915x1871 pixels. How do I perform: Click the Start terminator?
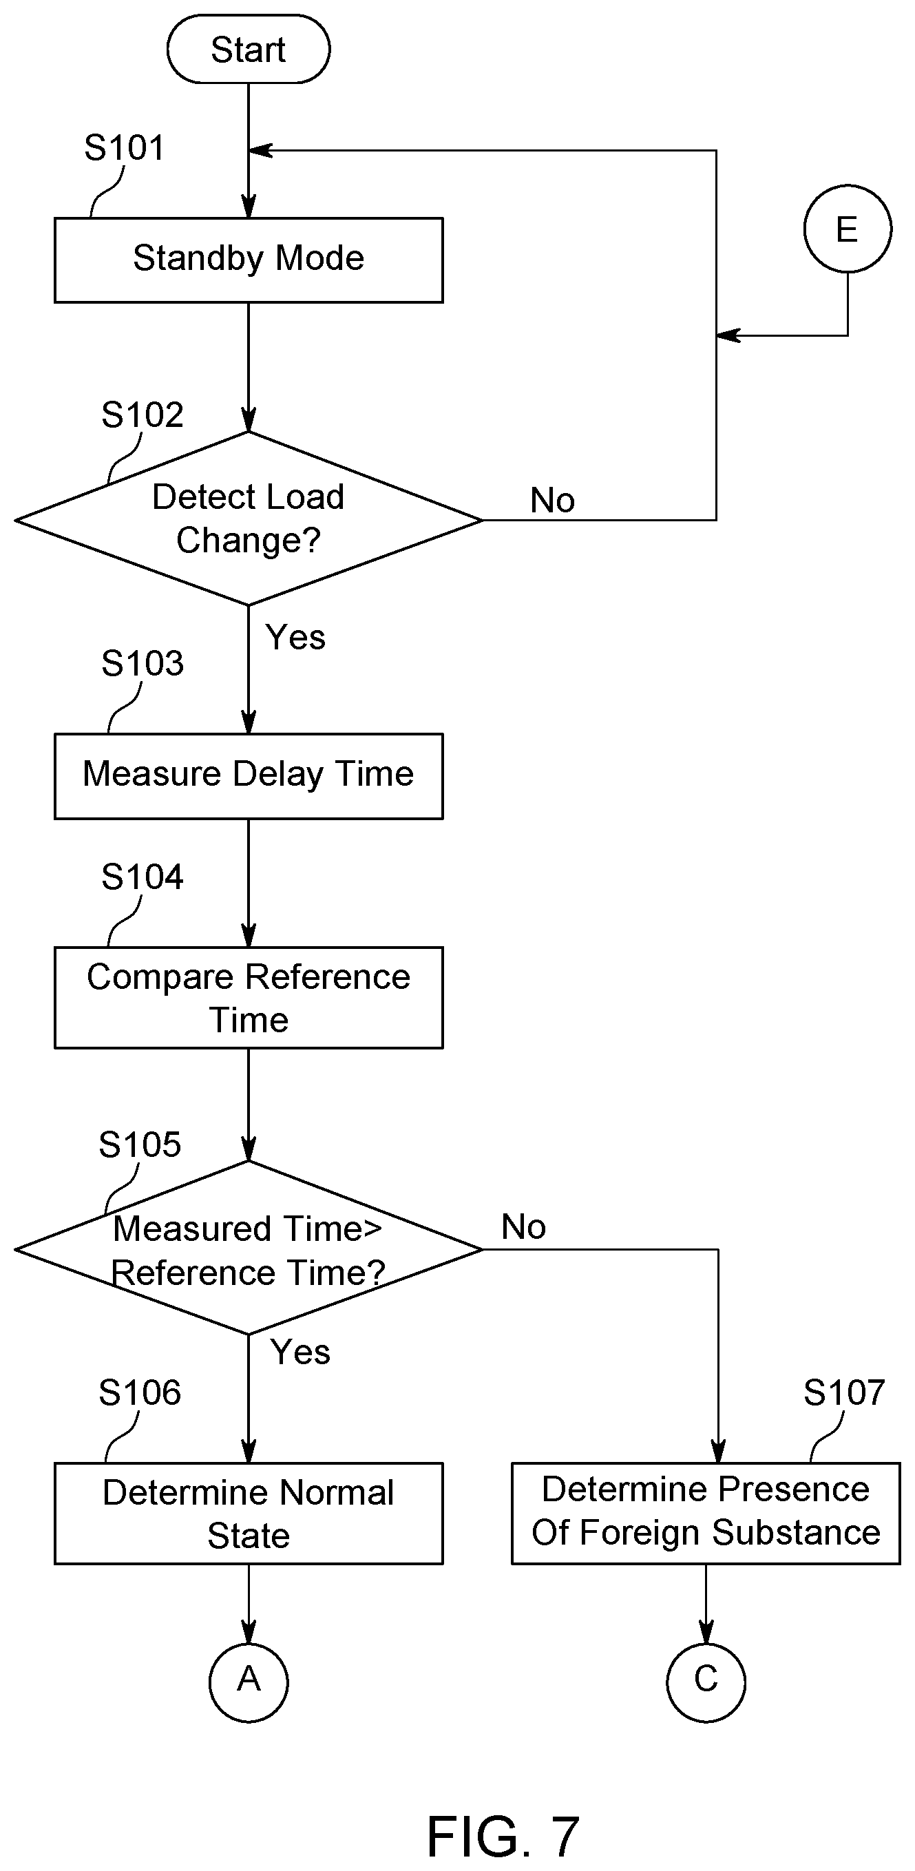click(249, 50)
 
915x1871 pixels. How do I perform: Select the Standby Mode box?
click(249, 260)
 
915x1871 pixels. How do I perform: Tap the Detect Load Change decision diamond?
click(249, 519)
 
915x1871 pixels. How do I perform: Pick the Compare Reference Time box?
click(249, 997)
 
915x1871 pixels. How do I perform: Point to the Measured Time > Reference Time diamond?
click(249, 1248)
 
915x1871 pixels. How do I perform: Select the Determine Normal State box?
click(249, 1513)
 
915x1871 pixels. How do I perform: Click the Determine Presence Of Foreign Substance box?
click(706, 1513)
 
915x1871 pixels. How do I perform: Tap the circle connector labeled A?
click(249, 1682)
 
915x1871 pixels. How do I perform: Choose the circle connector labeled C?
click(706, 1682)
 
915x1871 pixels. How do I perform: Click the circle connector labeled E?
click(848, 229)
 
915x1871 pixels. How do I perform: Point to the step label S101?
click(124, 148)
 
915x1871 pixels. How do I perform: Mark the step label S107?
click(844, 1393)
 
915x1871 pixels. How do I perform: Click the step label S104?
click(143, 877)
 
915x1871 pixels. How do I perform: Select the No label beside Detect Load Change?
click(553, 500)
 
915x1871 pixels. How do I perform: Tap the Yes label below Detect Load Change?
click(295, 637)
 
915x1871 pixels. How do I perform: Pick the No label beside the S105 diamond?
click(523, 1226)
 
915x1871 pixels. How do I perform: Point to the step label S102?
click(143, 415)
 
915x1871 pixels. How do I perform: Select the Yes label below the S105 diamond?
click(301, 1352)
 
